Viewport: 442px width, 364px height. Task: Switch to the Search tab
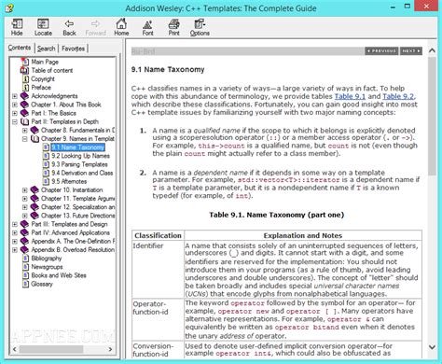pos(47,48)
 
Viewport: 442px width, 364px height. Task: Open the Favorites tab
pos(74,48)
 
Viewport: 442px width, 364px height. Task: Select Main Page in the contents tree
pos(45,62)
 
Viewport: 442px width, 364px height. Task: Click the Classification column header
pos(159,235)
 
